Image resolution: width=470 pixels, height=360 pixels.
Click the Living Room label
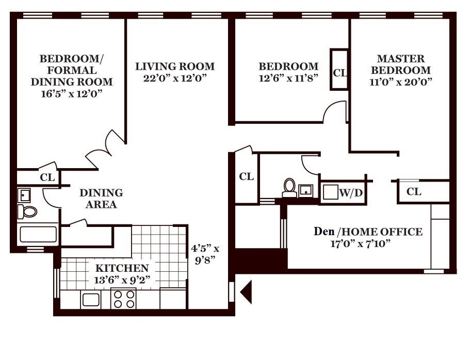click(175, 67)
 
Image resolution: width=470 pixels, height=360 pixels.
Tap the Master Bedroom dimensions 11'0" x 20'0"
click(401, 81)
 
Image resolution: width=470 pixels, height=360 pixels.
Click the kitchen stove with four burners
click(124, 299)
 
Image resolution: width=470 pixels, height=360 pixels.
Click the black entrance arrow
click(246, 291)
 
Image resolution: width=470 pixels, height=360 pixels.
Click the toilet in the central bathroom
click(289, 188)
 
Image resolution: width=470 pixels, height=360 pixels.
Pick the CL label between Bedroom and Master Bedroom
click(339, 73)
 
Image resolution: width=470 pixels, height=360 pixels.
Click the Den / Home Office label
click(368, 232)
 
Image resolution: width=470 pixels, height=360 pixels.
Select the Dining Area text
click(101, 199)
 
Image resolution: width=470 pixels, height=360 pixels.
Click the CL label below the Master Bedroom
click(414, 192)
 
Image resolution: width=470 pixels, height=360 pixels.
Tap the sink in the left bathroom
click(24, 195)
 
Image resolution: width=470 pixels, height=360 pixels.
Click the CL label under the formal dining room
click(47, 177)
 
